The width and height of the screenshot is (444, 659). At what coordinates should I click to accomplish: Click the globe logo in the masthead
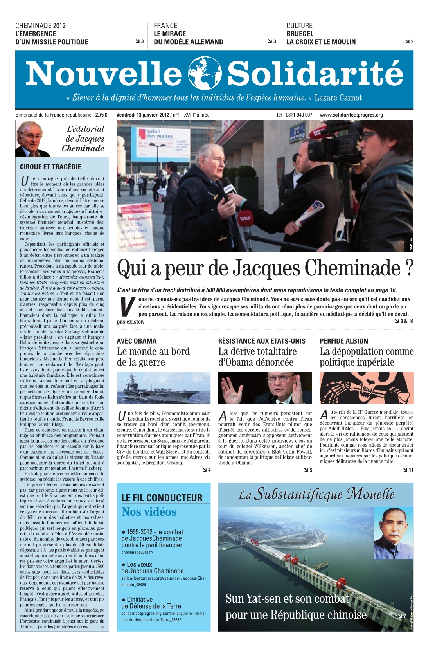(205, 73)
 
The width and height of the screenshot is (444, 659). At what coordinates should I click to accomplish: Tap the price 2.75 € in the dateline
(101, 115)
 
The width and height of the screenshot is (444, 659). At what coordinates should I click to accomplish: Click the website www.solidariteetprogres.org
(351, 115)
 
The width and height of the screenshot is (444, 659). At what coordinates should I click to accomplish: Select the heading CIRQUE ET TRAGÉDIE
(50, 167)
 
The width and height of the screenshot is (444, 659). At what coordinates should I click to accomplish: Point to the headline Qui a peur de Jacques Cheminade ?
(265, 268)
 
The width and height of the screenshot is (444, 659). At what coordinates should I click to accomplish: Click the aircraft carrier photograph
(164, 388)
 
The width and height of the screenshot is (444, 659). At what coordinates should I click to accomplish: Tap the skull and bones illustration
(367, 388)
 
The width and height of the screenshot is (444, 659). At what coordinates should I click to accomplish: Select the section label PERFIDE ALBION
(344, 341)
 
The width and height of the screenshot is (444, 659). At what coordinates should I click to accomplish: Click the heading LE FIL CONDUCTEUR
(162, 498)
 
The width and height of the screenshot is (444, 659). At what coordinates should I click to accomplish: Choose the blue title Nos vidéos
(149, 512)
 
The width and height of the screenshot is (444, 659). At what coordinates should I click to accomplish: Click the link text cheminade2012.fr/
(137, 552)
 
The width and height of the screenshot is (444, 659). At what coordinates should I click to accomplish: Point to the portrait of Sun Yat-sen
(393, 533)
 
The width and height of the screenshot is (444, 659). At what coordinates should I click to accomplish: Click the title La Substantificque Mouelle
(316, 495)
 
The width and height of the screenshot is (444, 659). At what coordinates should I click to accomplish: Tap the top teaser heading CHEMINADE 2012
(41, 26)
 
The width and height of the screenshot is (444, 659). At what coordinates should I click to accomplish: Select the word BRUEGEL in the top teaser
(300, 34)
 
